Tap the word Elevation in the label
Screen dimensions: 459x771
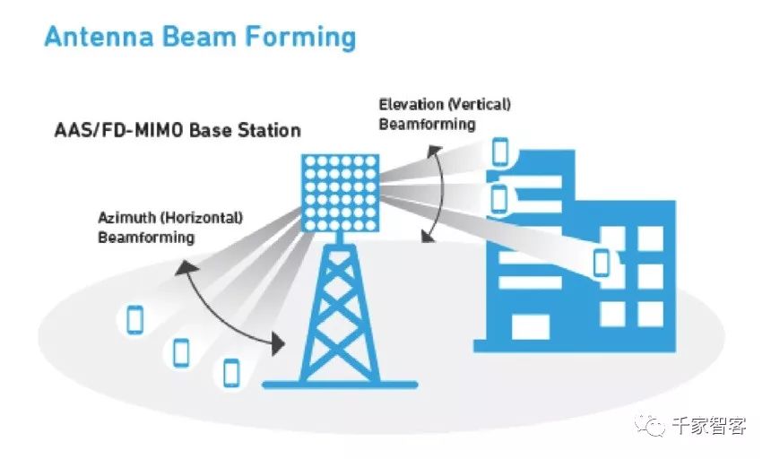pos(409,105)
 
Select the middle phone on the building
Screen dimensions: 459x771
pos(499,197)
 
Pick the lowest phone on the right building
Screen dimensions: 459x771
pos(601,263)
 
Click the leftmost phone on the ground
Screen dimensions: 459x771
pos(135,319)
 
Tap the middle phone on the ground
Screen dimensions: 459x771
pos(181,351)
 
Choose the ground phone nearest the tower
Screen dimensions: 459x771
pos(231,371)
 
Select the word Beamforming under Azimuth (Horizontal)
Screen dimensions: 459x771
pos(145,238)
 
